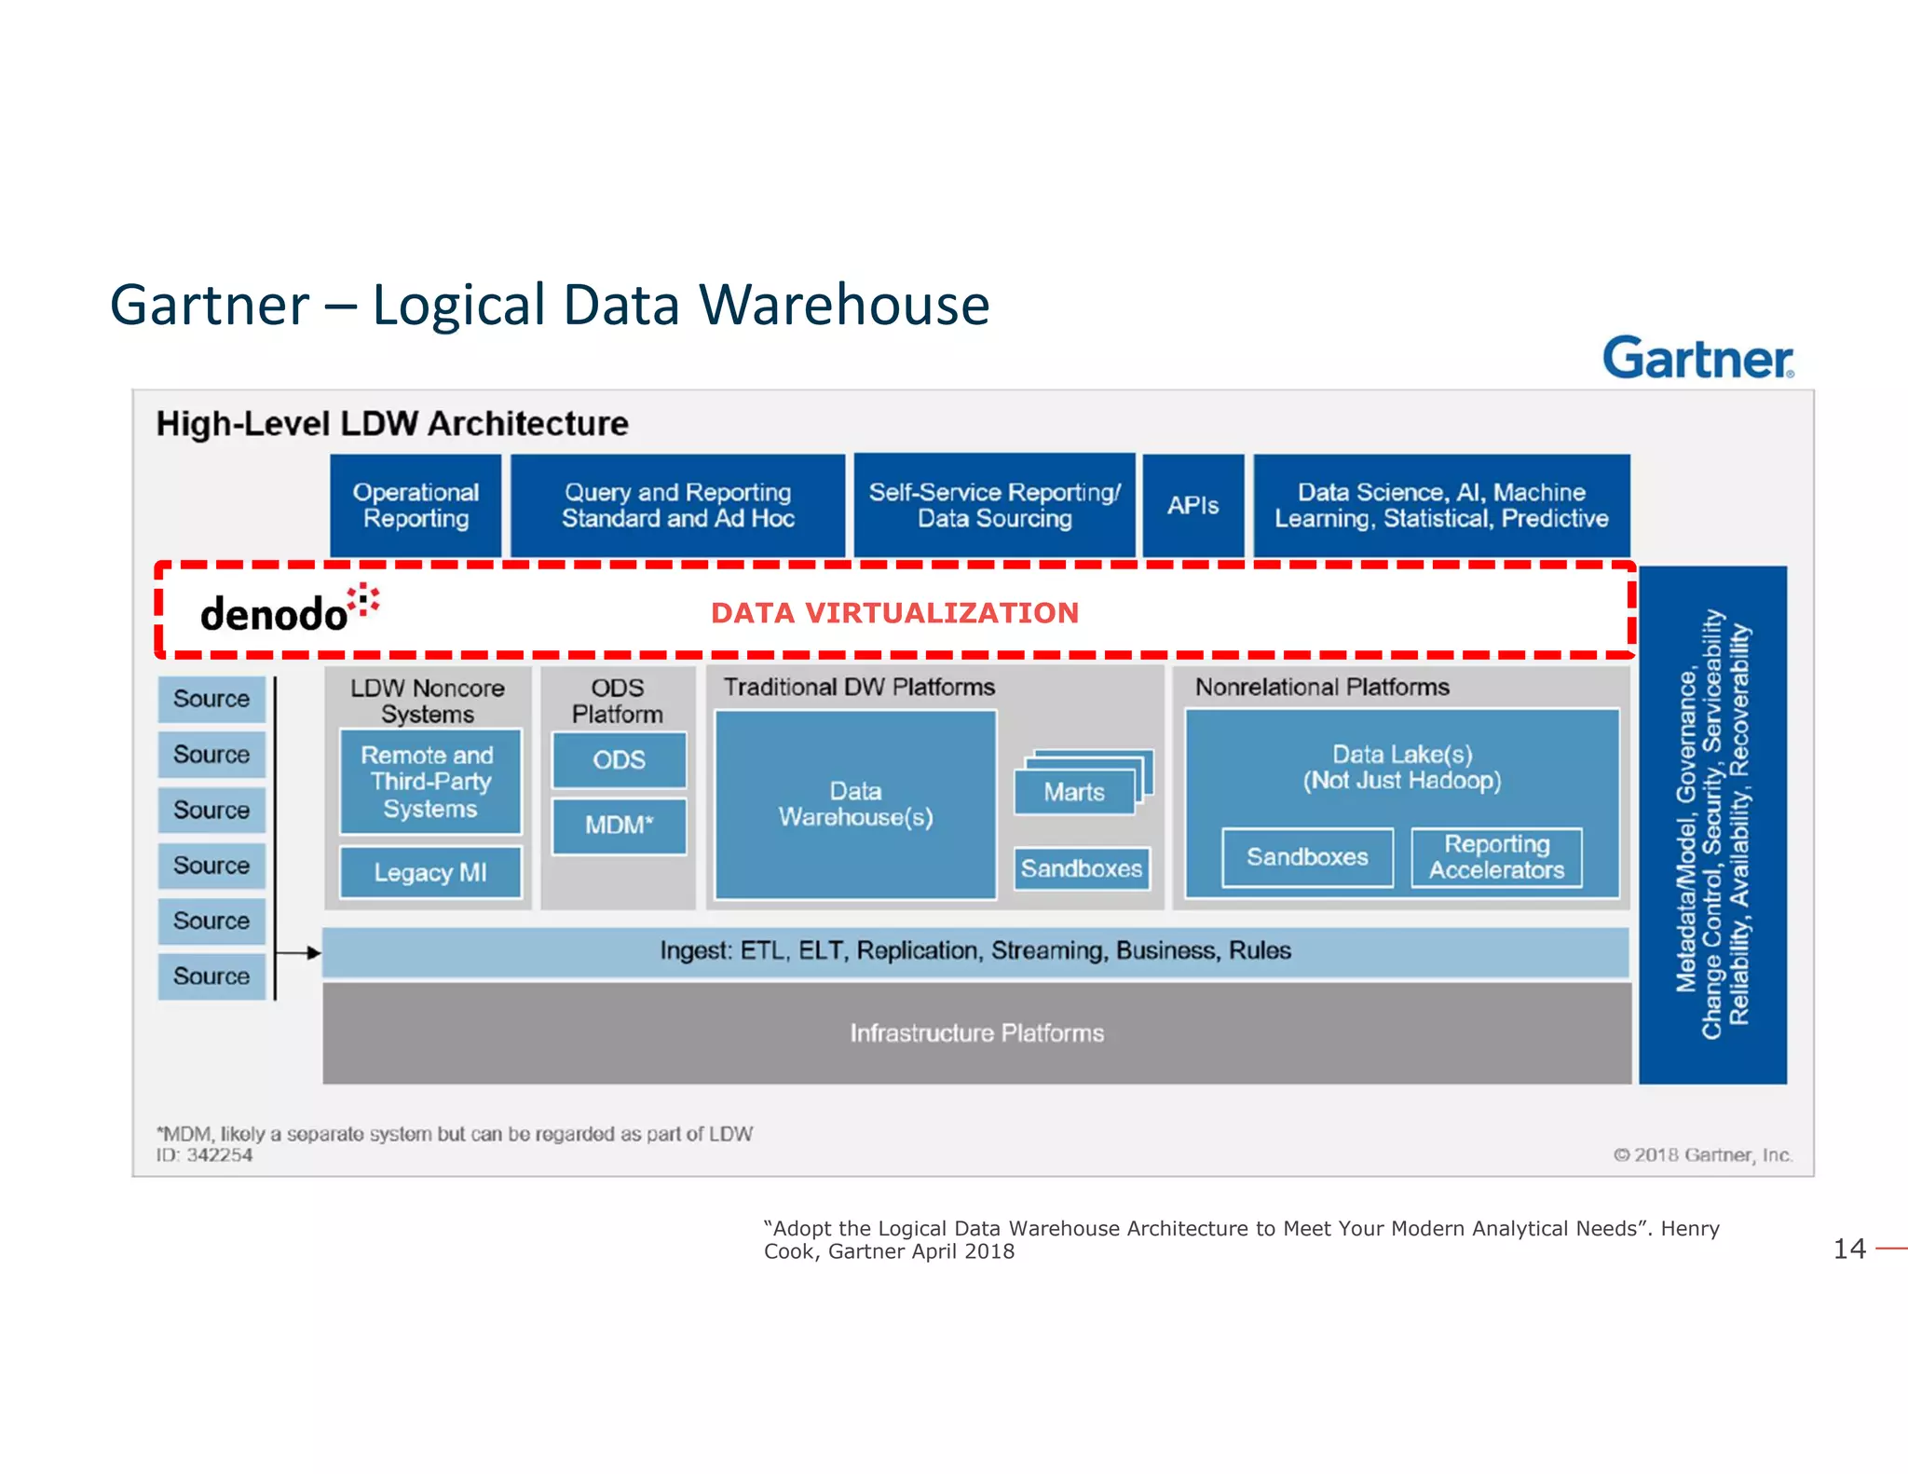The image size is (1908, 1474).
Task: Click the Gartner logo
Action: point(1697,358)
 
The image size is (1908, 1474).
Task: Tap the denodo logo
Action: point(288,610)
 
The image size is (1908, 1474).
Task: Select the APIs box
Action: point(1192,506)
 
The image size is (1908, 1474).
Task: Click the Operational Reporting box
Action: point(416,506)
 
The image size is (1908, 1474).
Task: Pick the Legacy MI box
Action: point(429,872)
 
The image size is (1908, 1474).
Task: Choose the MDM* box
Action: point(619,826)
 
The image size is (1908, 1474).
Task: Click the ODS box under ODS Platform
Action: point(619,759)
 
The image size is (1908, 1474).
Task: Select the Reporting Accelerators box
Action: point(1496,857)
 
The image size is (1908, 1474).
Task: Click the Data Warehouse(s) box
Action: point(855,804)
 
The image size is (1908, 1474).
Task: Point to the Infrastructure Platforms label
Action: point(976,1033)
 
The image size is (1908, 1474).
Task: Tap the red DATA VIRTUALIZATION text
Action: point(894,613)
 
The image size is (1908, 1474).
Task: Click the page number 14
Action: point(1849,1249)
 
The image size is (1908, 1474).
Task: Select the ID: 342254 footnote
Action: point(205,1155)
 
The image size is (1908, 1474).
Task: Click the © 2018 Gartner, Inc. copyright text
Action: point(1702,1155)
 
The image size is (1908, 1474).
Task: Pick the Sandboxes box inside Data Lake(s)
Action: point(1307,857)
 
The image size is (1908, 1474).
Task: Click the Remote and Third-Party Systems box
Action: point(429,782)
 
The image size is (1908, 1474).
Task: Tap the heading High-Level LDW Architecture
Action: point(392,424)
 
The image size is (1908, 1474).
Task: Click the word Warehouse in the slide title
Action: point(843,305)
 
